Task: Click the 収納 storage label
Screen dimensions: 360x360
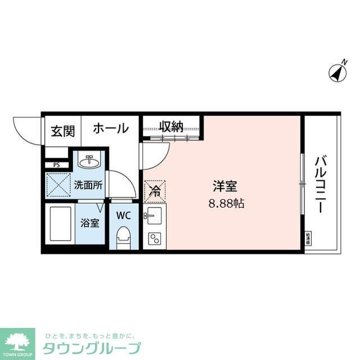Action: click(170, 127)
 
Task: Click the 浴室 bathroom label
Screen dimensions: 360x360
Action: click(90, 223)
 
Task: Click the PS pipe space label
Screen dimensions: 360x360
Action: click(56, 165)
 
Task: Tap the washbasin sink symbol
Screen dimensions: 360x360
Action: click(89, 163)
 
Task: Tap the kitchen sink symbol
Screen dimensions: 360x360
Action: click(153, 215)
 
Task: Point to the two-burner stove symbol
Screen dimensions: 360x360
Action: click(154, 238)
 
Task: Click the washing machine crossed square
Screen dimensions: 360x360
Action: click(57, 185)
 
